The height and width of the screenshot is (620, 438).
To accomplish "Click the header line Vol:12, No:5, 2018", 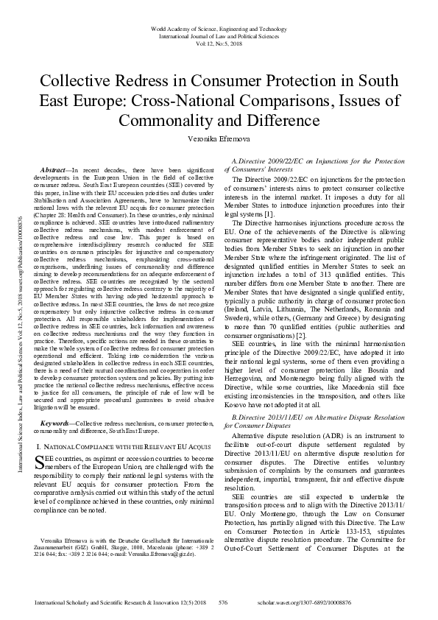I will point(219,43).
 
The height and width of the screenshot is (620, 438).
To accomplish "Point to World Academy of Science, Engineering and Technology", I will point(219,28).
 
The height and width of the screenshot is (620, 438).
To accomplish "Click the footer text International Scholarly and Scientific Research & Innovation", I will point(113,601).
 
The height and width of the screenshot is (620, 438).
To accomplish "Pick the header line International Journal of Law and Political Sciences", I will point(219,35).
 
